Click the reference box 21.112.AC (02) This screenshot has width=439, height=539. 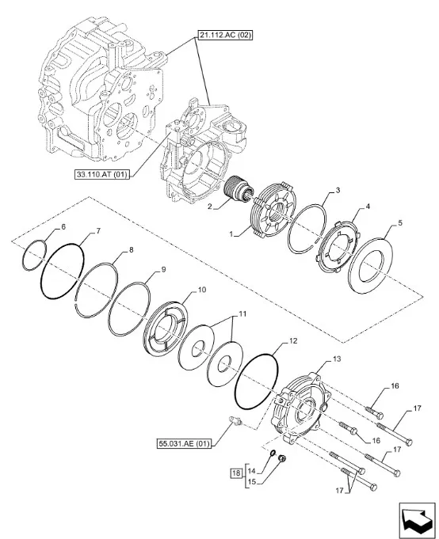[225, 35]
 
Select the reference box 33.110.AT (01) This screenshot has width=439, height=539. [102, 175]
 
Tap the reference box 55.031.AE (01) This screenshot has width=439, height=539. [184, 443]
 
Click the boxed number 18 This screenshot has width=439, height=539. [236, 473]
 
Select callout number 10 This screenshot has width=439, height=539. [202, 290]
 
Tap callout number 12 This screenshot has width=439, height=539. [292, 341]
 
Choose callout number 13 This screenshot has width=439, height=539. [337, 359]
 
